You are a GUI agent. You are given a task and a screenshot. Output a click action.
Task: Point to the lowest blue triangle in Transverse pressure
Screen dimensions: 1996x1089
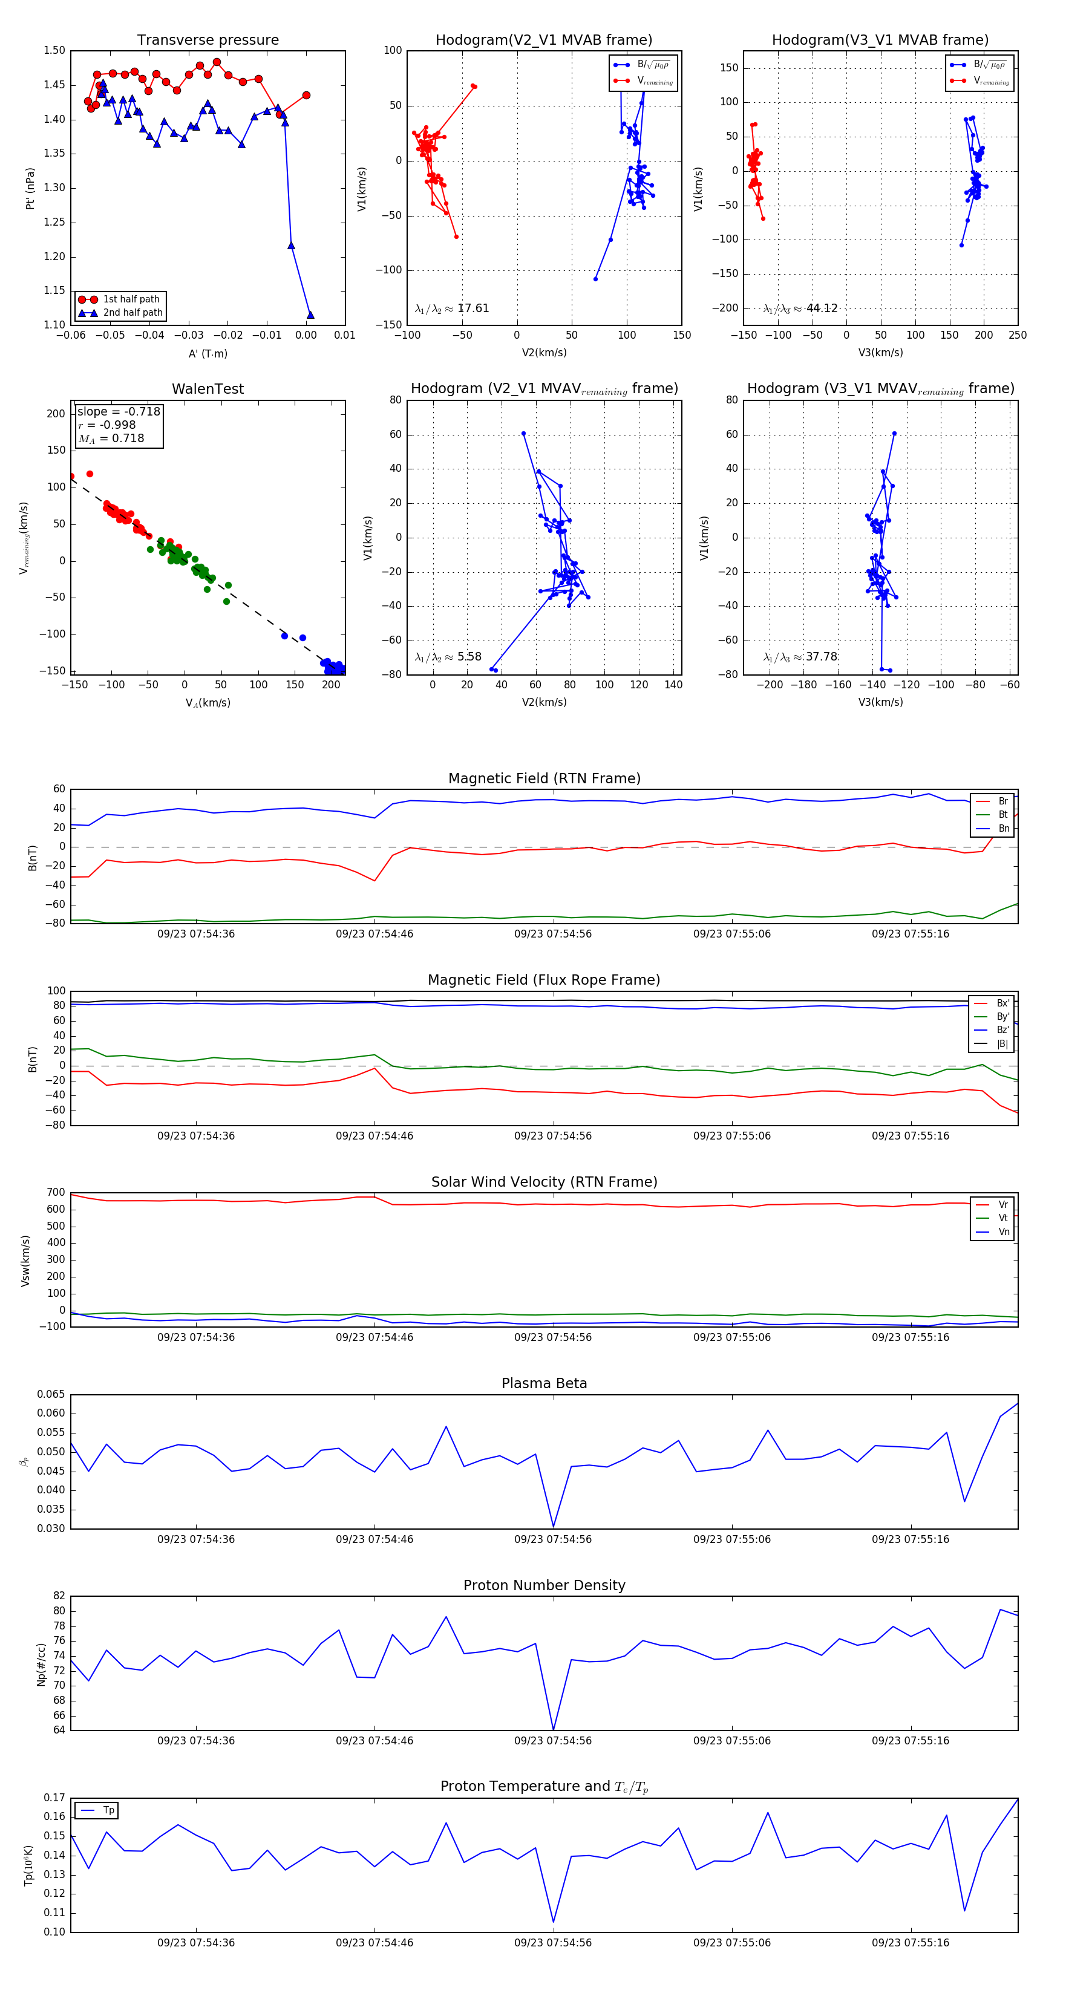coord(310,315)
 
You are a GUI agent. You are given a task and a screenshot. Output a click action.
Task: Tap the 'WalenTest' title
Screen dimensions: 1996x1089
coord(208,389)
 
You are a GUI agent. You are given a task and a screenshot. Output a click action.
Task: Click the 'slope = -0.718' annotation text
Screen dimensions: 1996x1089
coord(119,411)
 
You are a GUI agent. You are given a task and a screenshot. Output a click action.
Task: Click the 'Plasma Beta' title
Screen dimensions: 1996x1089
coord(544,1383)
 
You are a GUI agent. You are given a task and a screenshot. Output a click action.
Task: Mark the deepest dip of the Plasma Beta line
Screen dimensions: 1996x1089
coord(554,1527)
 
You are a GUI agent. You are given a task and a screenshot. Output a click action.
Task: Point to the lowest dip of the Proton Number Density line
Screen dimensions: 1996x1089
coord(554,1729)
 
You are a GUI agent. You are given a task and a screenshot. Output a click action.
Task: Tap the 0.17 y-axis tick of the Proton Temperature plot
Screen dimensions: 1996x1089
coord(54,1798)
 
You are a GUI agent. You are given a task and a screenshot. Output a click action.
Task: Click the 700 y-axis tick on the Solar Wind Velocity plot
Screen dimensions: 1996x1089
coord(56,1193)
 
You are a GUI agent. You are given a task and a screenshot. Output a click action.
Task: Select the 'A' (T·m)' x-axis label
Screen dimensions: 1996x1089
coord(208,353)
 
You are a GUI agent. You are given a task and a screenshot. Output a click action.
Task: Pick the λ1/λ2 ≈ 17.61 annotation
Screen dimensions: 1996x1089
coord(452,308)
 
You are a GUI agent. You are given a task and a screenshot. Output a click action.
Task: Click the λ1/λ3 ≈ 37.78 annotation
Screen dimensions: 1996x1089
coord(800,657)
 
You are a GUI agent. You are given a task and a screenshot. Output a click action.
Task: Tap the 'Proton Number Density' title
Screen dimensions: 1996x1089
coord(544,1585)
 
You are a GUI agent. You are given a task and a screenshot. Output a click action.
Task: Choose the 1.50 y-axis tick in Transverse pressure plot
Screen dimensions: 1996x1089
coord(54,50)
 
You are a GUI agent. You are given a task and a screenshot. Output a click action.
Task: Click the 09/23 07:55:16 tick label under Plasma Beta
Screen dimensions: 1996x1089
coord(910,1539)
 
